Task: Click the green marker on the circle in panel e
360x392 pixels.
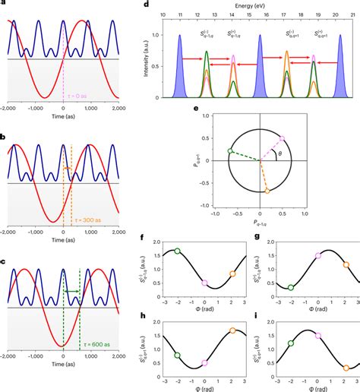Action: pos(231,152)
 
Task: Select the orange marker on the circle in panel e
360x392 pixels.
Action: pos(267,192)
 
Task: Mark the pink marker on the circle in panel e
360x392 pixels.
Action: pos(282,139)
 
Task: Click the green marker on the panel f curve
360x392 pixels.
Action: pos(178,251)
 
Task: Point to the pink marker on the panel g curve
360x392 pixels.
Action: pos(318,256)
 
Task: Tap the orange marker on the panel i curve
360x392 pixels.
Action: pos(346,368)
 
